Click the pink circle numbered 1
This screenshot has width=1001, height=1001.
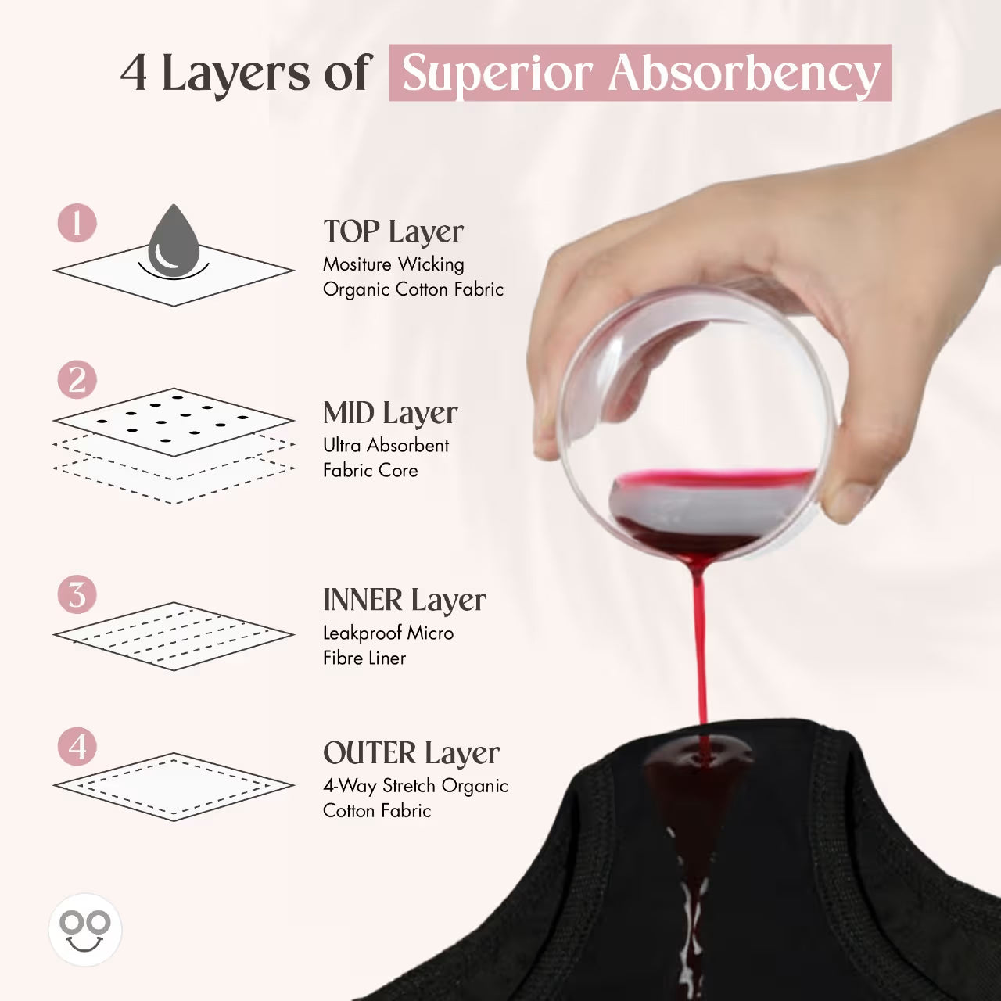click(77, 224)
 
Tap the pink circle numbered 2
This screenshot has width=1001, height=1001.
click(77, 381)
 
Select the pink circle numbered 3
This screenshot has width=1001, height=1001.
click(77, 594)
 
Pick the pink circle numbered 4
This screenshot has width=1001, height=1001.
click(77, 747)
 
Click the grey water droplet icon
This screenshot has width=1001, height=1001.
click(174, 242)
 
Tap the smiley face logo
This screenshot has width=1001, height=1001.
click(85, 930)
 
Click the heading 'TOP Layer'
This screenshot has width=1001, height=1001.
click(393, 232)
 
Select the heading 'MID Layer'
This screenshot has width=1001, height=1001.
click(390, 413)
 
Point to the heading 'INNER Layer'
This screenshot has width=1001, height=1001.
click(404, 601)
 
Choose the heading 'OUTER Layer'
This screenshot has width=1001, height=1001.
click(411, 754)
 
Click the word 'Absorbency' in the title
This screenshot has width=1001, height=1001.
click(744, 74)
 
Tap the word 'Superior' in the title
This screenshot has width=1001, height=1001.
click(497, 74)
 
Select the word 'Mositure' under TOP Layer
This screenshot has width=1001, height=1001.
click(357, 264)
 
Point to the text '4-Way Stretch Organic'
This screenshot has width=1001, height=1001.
click(415, 786)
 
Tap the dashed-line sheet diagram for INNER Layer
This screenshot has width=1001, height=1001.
click(174, 636)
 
